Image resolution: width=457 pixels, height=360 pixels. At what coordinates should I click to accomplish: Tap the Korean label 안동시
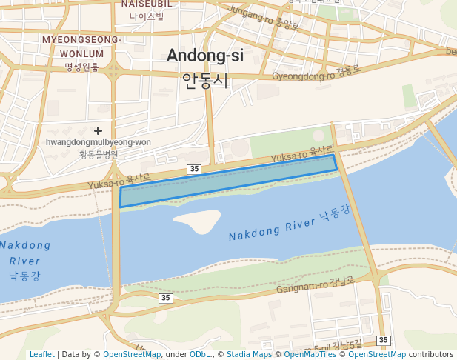point(205,80)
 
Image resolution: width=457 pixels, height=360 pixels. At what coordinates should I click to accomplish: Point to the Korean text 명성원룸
point(81,67)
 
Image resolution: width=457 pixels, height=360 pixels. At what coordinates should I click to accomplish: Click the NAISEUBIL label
point(147,4)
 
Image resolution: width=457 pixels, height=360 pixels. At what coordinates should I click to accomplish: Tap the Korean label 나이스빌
point(147,16)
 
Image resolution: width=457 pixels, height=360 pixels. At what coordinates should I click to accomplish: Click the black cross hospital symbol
point(98,130)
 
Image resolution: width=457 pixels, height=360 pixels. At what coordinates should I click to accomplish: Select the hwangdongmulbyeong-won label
point(98,142)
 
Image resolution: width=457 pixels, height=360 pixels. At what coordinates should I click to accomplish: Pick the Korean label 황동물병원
point(98,154)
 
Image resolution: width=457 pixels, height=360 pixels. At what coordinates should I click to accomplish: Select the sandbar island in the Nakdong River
point(197,219)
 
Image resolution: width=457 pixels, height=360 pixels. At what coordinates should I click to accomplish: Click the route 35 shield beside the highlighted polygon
point(194,169)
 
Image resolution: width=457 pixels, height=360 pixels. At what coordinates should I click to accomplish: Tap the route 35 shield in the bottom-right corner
point(382,340)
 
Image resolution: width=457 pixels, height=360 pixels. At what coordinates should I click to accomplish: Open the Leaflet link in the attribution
point(42,354)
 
